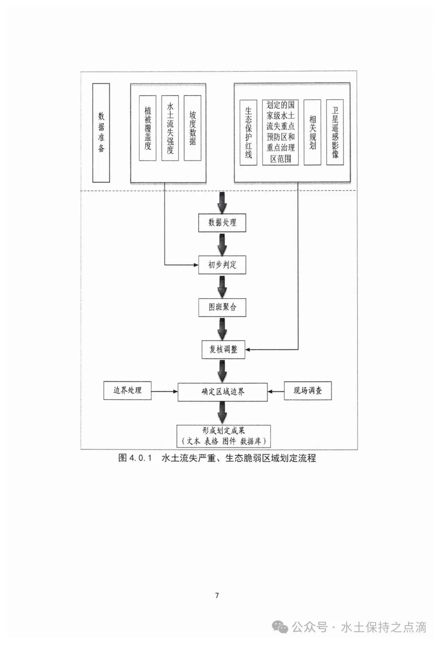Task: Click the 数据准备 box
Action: [101, 133]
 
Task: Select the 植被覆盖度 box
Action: [147, 128]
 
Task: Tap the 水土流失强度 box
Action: [170, 128]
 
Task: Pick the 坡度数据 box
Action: [192, 128]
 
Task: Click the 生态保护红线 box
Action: [248, 132]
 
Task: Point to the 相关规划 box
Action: [312, 132]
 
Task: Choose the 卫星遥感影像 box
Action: [335, 132]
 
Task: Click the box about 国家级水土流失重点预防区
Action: [281, 132]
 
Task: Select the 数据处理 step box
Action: [222, 223]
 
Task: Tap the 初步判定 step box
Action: [222, 265]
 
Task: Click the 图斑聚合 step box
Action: [222, 307]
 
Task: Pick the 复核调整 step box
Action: [223, 350]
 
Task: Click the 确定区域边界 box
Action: [223, 392]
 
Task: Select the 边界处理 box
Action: [127, 391]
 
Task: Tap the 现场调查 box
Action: [307, 391]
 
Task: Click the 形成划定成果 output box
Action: [223, 436]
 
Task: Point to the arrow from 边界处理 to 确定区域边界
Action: [165, 391]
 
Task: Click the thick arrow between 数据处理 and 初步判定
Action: [222, 244]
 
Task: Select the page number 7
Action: [217, 595]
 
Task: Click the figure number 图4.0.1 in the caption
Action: [135, 458]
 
